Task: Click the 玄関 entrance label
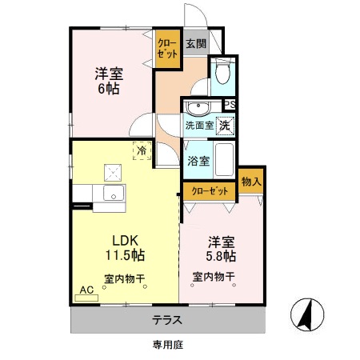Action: coord(196,44)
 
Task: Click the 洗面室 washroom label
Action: coord(198,126)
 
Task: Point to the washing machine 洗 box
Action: coord(226,125)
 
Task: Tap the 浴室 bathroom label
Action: coord(198,160)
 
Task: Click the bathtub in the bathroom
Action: coord(225,160)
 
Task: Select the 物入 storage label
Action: coord(251,182)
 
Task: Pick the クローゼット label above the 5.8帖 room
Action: coord(210,191)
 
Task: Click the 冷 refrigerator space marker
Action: coord(142,150)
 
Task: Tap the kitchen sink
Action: coord(112,193)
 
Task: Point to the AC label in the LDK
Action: coord(86,290)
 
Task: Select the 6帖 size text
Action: coord(108,89)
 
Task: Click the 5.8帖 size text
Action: coord(220,256)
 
